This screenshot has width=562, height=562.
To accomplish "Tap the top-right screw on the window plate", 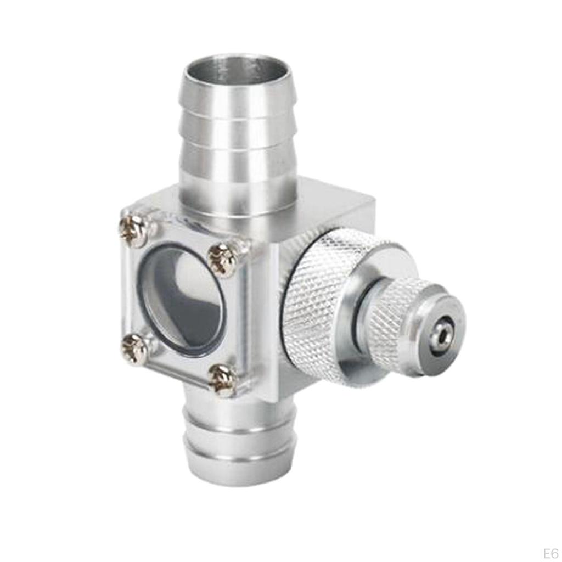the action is tap(223, 260).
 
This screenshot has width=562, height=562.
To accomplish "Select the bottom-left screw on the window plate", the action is tap(134, 347).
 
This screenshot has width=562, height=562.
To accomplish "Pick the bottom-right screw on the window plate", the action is tap(223, 380).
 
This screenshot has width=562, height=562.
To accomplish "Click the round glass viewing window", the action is tap(181, 300).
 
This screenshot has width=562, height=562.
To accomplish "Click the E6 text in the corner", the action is tap(550, 553).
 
